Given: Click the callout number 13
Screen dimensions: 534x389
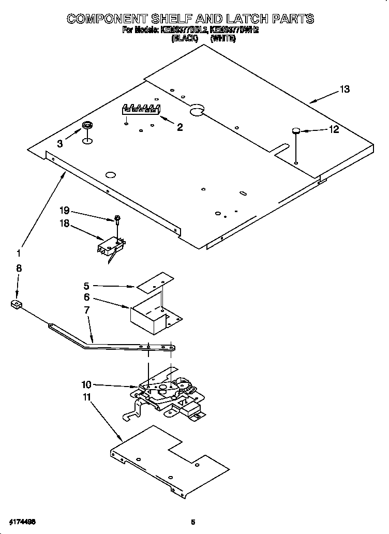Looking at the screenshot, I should [x=345, y=90].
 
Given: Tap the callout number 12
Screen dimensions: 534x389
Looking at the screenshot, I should [x=334, y=129].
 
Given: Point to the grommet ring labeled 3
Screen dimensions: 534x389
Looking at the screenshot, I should [x=87, y=125].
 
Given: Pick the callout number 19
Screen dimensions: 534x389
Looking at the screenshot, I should [x=64, y=211].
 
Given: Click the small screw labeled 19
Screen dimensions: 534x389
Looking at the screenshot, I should [x=117, y=219].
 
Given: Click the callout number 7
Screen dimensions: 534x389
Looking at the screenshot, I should [x=86, y=310].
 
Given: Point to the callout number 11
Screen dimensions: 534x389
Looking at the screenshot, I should [x=86, y=398].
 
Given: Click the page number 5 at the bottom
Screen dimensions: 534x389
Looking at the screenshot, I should [x=193, y=522].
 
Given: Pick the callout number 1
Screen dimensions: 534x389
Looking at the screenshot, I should [x=19, y=254].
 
